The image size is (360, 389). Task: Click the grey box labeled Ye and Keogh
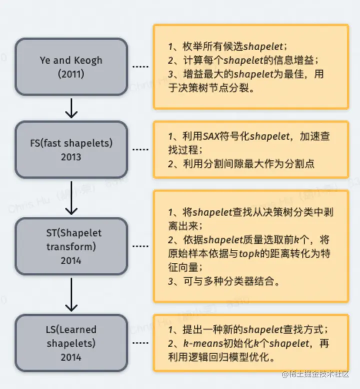(71, 66)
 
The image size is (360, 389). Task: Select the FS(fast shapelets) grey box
(71, 149)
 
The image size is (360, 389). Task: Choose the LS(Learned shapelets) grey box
(71, 343)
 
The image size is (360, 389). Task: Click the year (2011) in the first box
(71, 73)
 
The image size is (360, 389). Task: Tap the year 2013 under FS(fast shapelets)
(71, 156)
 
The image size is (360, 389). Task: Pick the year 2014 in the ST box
(71, 260)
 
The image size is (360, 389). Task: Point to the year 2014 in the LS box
(71, 357)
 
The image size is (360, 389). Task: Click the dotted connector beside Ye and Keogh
(140, 66)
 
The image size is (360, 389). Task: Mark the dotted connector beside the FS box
(140, 149)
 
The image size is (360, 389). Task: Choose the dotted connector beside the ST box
(140, 246)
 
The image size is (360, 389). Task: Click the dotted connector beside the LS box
(140, 343)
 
